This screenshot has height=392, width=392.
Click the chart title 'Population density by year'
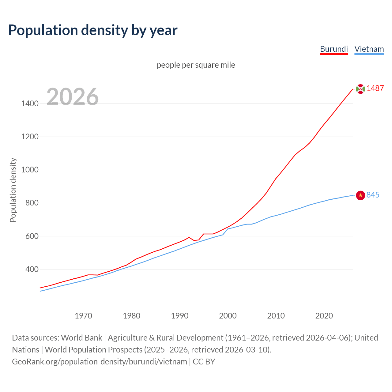coord(93,30)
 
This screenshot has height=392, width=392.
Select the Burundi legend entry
coord(334,49)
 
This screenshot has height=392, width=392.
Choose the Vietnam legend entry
coord(369,49)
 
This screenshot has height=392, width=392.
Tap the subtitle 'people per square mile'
coord(196,65)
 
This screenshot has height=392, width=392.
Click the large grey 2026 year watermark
coord(73,97)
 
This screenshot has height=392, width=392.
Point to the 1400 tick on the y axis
coord(30,104)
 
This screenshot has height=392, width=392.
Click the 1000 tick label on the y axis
coord(30,170)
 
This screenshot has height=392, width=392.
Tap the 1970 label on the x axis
coord(83,316)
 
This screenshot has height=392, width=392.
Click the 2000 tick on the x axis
coord(228,316)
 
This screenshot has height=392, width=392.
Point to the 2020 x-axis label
coord(324,316)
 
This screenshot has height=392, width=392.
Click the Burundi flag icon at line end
coord(360,89)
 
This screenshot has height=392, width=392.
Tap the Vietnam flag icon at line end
coord(360,195)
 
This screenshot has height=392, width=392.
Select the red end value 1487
coord(375,88)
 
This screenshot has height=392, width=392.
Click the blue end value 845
coord(373,195)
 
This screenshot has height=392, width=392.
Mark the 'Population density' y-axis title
coord(13,190)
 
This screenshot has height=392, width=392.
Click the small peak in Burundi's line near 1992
coord(189,237)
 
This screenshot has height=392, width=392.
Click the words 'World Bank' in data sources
coord(81,338)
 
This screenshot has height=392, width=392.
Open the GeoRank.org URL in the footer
coord(100,362)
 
